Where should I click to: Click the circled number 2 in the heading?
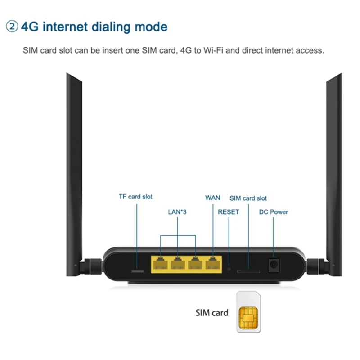12,27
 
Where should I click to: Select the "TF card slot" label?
135,197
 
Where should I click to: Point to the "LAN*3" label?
177,211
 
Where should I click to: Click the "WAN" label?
212,198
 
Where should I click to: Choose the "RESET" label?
229,211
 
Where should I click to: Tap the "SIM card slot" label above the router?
248,198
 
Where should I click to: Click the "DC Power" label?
274,211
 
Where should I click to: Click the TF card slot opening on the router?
137,271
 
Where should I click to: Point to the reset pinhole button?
229,269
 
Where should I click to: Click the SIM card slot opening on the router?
248,271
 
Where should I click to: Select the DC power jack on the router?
274,265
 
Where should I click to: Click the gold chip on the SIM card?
248,318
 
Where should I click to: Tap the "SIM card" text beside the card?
211,313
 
